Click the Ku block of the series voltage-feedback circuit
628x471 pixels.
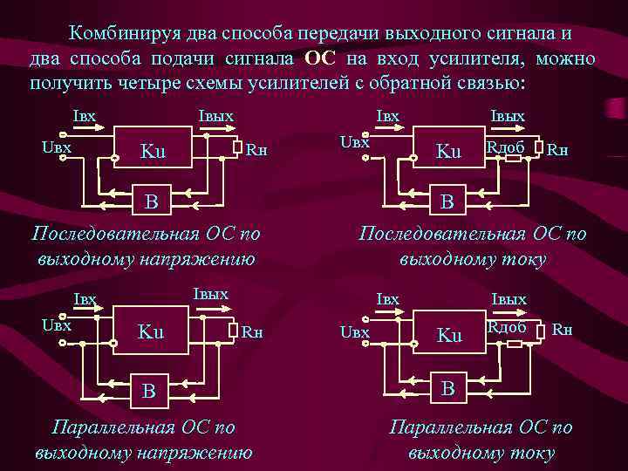pyautogui.click(x=154, y=152)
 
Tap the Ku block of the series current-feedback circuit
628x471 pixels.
pyautogui.click(x=448, y=151)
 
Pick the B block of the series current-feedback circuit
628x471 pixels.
pyautogui.click(x=447, y=202)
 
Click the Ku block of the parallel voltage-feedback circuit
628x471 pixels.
pyautogui.click(x=151, y=331)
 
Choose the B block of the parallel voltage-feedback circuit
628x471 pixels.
pyautogui.click(x=150, y=390)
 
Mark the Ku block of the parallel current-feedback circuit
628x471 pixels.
pyautogui.click(x=448, y=335)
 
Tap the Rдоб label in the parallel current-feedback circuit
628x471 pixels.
pyautogui.click(x=507, y=327)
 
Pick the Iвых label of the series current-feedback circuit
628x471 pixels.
pyautogui.click(x=508, y=116)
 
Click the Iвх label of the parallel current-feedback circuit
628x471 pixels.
pyautogui.click(x=387, y=299)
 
